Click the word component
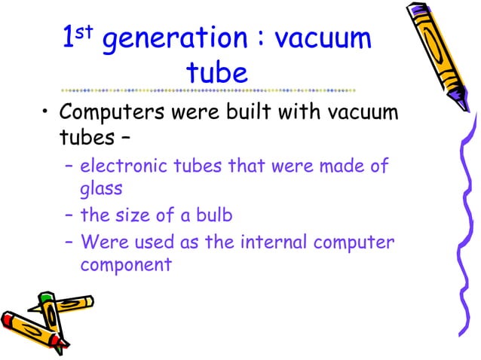[x=126, y=265]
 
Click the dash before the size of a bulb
[x=69, y=215]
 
